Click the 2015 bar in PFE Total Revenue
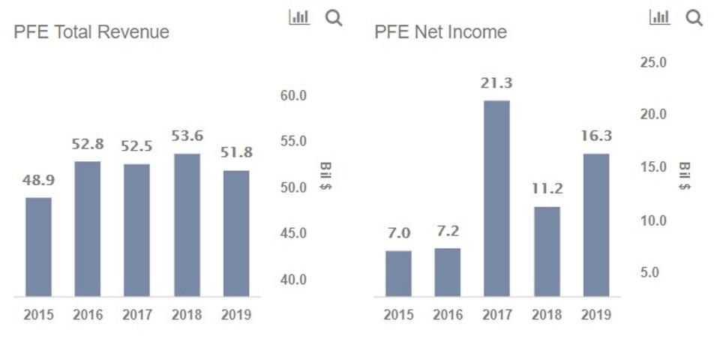(38, 247)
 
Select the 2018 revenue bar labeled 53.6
(187, 225)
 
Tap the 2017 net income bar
(496, 198)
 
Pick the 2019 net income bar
(595, 225)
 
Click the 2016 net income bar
(447, 271)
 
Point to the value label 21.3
(496, 83)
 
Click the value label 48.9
(38, 181)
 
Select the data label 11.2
(547, 189)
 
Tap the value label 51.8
(236, 153)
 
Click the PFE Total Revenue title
(91, 31)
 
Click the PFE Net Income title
(440, 31)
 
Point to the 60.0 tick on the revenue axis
(294, 95)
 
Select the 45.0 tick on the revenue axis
(294, 233)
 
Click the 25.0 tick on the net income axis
(653, 62)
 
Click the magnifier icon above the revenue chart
(334, 18)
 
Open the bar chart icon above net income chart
(659, 17)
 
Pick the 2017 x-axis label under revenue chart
(137, 315)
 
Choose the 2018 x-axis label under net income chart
(547, 315)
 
